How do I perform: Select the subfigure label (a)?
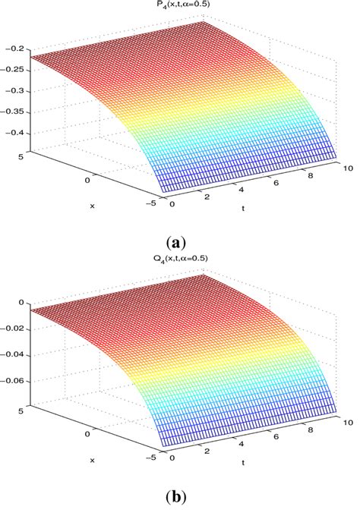click(x=179, y=243)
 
